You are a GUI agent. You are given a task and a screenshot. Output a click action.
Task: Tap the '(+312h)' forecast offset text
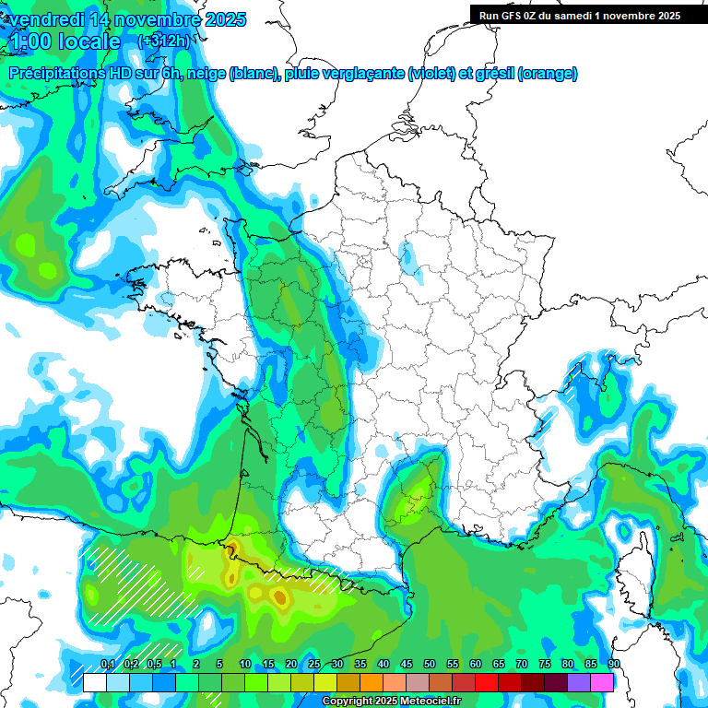click(x=164, y=41)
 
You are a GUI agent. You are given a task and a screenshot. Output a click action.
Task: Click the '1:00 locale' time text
click(x=65, y=41)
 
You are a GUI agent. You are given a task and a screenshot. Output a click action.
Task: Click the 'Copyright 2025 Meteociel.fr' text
click(x=391, y=702)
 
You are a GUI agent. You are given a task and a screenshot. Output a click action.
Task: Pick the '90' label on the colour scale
click(x=614, y=665)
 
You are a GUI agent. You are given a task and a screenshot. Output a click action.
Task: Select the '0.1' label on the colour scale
click(x=107, y=665)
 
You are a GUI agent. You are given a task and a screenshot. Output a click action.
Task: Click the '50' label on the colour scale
click(x=430, y=665)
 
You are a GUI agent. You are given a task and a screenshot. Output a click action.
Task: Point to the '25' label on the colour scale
click(x=314, y=665)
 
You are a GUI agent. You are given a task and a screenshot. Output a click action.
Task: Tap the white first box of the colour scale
click(x=94, y=682)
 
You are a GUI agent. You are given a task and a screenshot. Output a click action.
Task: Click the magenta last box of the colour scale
click(x=602, y=682)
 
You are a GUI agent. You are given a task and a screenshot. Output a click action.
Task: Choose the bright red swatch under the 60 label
click(x=487, y=682)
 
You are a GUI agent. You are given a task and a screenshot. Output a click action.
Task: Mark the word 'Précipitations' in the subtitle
click(x=64, y=74)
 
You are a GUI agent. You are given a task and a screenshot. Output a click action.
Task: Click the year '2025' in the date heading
click(x=220, y=19)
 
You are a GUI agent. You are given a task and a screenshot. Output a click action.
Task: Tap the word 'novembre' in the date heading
click(x=148, y=19)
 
